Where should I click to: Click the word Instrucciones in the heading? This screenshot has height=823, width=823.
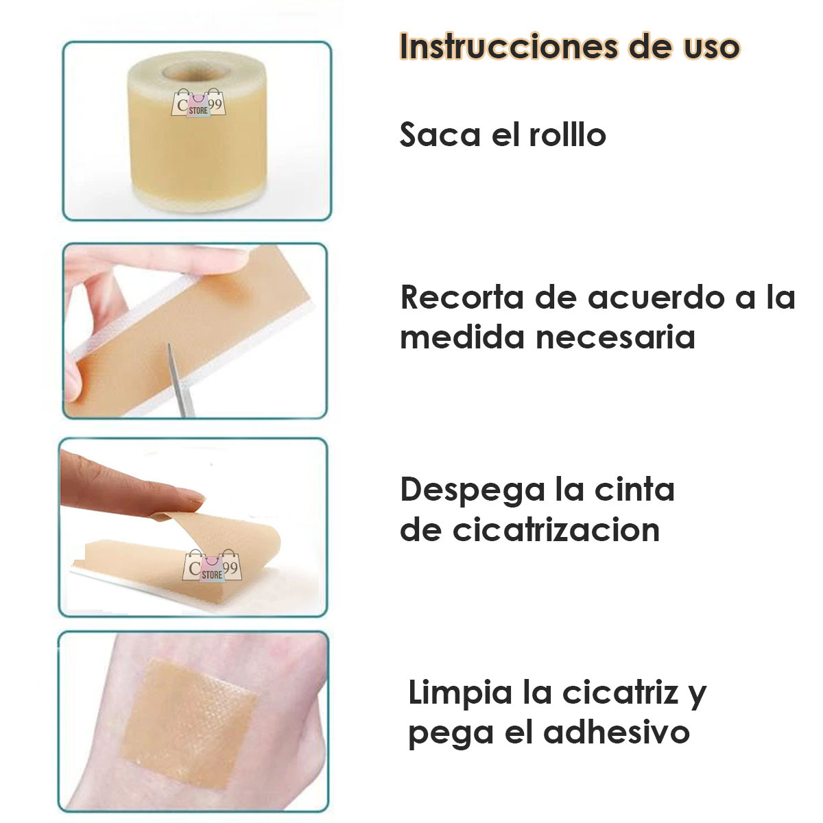pos(507,47)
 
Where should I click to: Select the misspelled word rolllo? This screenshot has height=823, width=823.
pos(567,135)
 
